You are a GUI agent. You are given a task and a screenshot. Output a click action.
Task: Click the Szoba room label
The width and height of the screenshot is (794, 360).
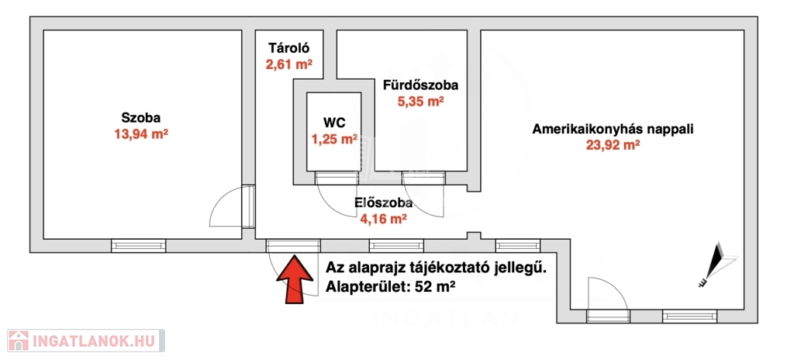click(140, 118)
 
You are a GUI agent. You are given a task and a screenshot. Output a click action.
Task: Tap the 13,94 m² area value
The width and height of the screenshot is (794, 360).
click(140, 133)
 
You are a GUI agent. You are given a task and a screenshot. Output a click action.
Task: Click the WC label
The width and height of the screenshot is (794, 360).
click(334, 123)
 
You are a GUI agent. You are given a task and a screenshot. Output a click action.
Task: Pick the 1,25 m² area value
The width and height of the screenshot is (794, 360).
click(334, 140)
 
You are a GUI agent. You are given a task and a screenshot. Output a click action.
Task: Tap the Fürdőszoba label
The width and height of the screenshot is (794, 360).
click(420, 85)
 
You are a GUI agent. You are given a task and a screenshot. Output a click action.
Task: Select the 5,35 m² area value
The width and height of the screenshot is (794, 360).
click(420, 101)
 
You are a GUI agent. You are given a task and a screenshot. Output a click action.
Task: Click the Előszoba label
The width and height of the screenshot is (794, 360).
click(383, 203)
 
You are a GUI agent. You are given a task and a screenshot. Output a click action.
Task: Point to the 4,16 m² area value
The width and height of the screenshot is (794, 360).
click(383, 220)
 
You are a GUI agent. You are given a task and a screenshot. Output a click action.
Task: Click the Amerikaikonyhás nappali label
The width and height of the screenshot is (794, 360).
click(613, 129)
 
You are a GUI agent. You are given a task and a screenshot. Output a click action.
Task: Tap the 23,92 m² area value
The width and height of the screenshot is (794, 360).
click(613, 145)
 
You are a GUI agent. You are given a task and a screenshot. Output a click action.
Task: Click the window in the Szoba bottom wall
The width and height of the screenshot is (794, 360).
click(139, 245)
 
